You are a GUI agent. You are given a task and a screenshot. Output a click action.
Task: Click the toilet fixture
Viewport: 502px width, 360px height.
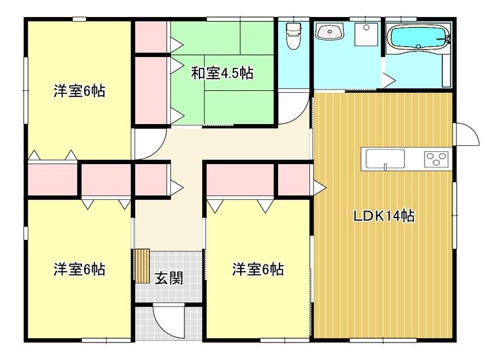[x=293, y=35]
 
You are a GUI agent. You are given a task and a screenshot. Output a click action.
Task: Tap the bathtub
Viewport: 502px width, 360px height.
[x=417, y=37]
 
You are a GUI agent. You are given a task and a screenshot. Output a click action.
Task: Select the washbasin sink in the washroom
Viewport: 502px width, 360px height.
[x=330, y=32]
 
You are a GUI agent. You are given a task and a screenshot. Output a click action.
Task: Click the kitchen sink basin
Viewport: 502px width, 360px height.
[x=385, y=159]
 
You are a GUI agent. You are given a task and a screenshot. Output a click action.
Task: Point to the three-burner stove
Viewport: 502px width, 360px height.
[x=436, y=159]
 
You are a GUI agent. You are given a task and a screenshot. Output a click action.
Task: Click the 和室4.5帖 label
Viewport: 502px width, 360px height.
[x=223, y=74]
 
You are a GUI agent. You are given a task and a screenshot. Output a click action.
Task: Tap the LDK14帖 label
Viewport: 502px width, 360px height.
[x=384, y=216]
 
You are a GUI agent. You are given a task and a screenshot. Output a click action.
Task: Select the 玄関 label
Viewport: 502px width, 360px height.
[x=169, y=279]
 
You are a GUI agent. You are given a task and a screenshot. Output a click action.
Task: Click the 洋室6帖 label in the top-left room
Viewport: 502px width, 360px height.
[x=79, y=92]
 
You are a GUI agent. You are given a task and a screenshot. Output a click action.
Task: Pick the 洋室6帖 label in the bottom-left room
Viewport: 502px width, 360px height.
[x=79, y=269]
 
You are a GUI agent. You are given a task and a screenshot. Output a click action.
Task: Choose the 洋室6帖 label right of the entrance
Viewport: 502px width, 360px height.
[x=258, y=269]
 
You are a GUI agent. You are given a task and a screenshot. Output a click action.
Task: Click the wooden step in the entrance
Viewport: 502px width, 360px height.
[x=142, y=266]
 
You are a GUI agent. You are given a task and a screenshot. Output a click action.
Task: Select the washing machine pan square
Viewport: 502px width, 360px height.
[x=366, y=34]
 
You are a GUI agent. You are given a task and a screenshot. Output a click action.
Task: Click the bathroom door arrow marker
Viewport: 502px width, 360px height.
[x=388, y=80]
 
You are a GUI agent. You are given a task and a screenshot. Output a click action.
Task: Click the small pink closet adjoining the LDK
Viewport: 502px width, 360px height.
[x=294, y=180]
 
